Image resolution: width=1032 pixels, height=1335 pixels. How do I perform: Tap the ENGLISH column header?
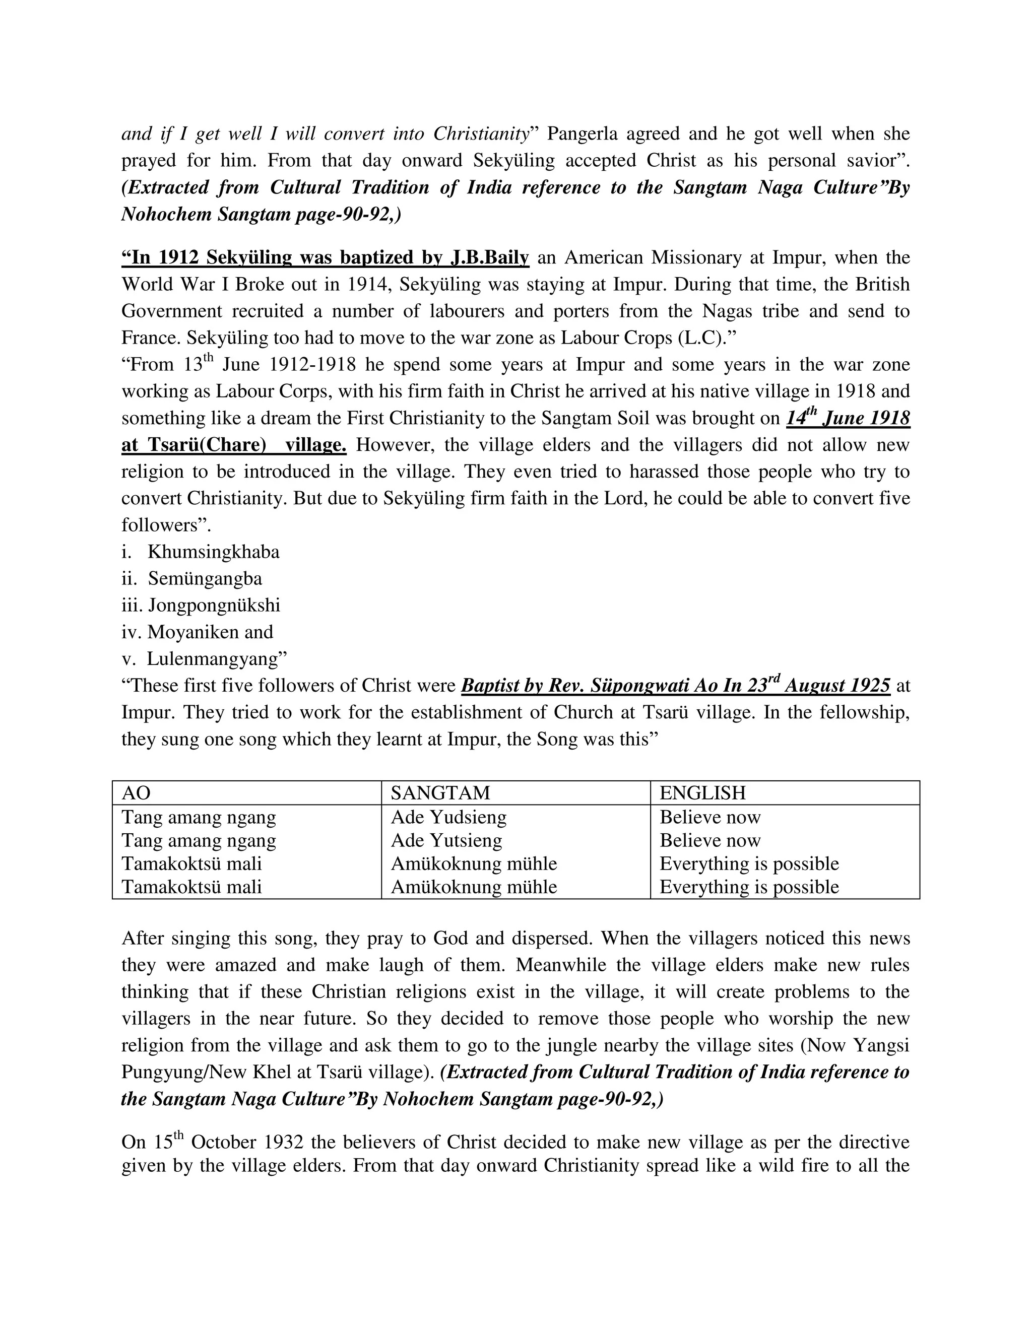tap(702, 793)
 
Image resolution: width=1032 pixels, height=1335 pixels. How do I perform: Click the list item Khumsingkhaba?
tap(213, 552)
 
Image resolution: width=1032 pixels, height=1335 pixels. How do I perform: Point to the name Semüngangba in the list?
tap(205, 579)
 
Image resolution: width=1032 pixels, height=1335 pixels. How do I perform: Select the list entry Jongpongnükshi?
tap(214, 605)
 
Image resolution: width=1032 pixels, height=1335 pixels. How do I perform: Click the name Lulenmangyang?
tap(216, 659)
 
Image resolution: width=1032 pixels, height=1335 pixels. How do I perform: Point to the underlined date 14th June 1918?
tap(848, 418)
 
